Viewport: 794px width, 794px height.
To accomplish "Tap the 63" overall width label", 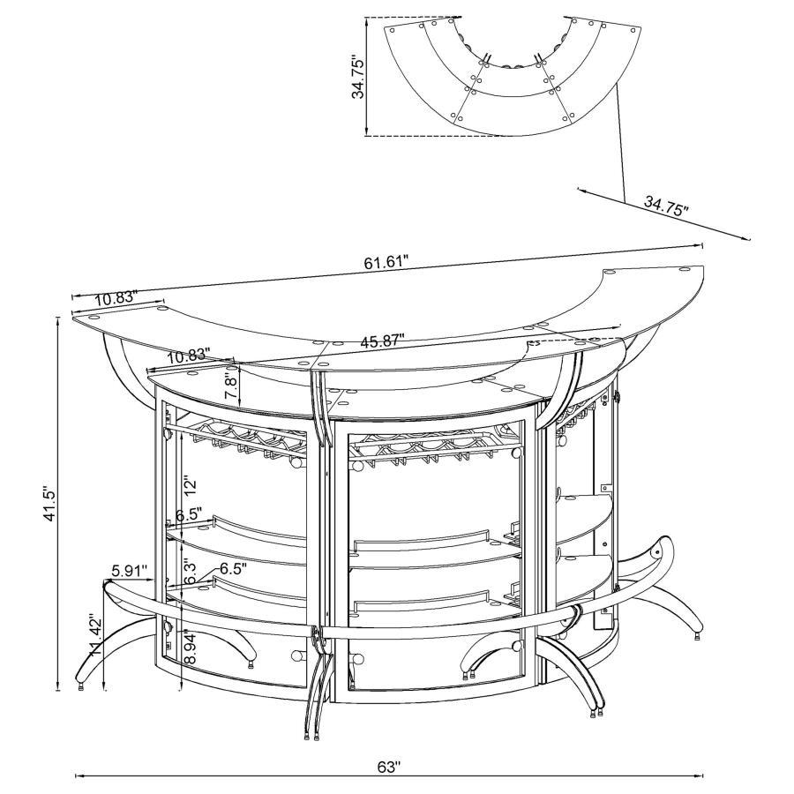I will coord(389,768).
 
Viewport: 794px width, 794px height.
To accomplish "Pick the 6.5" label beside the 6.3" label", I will coord(233,568).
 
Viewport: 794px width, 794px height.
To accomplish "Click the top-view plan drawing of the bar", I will coord(512,79).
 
